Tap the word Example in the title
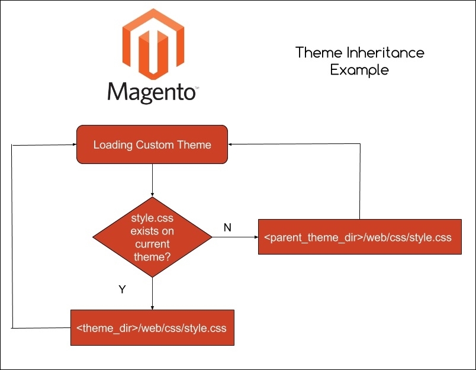tap(360, 70)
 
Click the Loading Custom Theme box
tap(152, 144)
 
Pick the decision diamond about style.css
tap(152, 237)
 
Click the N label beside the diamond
tap(227, 227)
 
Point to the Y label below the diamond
tap(123, 289)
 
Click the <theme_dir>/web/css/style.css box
tap(152, 327)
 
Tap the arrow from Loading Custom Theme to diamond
tap(153, 180)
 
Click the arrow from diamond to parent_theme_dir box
tap(234, 237)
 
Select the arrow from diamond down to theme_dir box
tap(153, 293)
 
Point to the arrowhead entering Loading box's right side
tap(233, 143)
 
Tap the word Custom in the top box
tap(157, 145)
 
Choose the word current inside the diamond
tap(152, 243)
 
